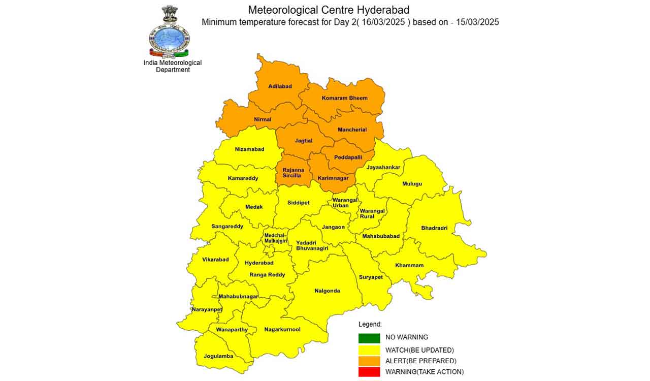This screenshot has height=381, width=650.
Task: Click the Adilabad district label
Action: [280, 86]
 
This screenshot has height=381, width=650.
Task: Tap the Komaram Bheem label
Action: [344, 98]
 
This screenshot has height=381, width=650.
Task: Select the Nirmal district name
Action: [263, 119]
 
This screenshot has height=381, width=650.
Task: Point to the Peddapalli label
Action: [348, 157]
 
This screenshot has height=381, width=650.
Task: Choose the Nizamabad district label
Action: [249, 149]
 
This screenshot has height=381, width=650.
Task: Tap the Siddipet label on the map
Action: [298, 203]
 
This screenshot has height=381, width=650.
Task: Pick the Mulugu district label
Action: [412, 184]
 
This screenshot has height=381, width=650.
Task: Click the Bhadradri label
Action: [434, 228]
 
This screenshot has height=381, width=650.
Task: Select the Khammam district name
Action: [409, 265]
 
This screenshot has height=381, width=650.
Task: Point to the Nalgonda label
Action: [327, 291]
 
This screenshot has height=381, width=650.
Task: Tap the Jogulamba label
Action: [218, 356]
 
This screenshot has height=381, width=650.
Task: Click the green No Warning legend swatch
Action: [369, 338]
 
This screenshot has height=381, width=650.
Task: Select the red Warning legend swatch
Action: [369, 372]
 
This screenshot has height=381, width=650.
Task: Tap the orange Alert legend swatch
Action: [369, 361]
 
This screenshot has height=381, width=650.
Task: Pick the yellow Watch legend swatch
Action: [369, 350]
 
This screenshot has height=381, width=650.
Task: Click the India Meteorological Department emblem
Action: [169, 31]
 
